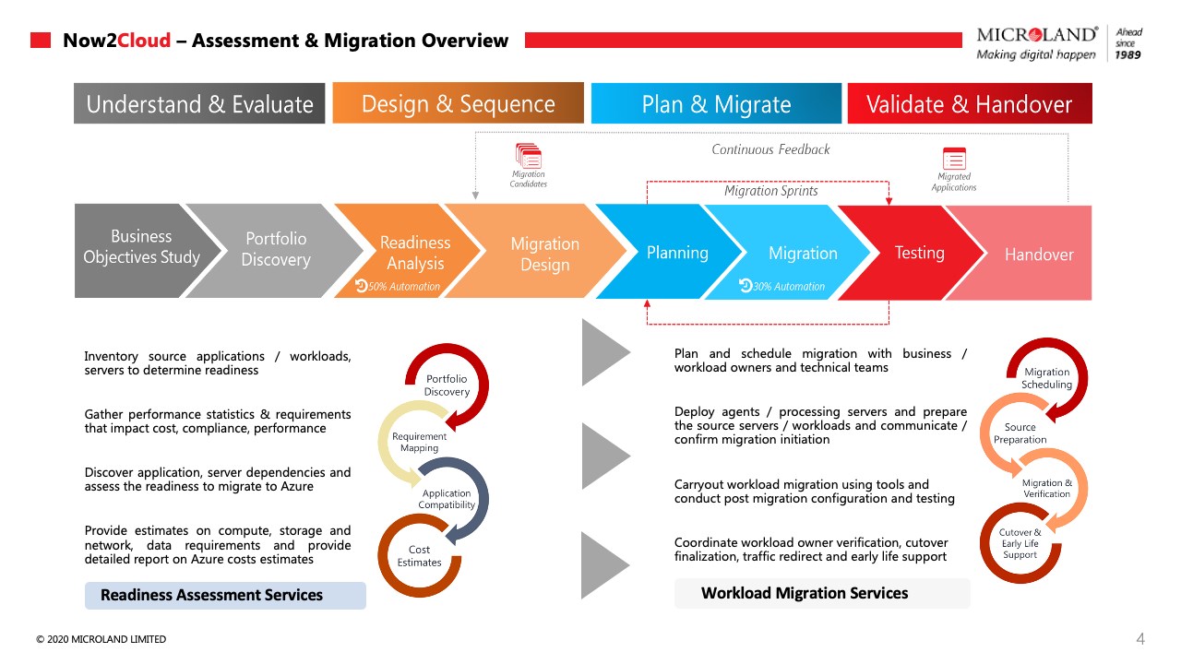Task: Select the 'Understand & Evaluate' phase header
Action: (199, 104)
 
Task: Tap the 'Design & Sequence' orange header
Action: (458, 103)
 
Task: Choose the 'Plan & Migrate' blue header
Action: (716, 104)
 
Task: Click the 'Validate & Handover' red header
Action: (969, 104)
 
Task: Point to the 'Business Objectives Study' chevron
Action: (141, 247)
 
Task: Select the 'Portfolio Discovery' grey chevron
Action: (275, 249)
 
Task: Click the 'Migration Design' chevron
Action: (544, 254)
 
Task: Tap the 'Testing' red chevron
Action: (919, 253)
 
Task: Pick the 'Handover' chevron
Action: (1039, 255)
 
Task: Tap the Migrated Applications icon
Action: (953, 158)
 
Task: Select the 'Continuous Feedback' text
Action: (770, 149)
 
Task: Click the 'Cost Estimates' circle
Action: (420, 555)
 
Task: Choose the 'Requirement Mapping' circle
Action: (419, 442)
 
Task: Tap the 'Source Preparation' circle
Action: (1020, 433)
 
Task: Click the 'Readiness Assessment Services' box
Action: (225, 595)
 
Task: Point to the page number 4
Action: (1140, 639)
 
